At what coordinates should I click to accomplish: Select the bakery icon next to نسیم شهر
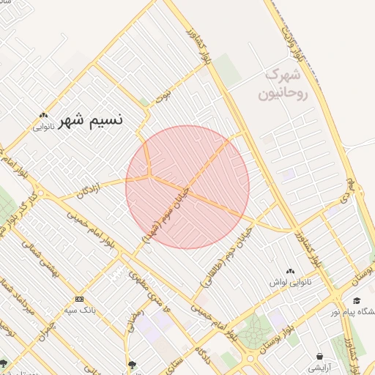click(x=44, y=115)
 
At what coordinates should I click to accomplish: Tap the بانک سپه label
click(x=81, y=309)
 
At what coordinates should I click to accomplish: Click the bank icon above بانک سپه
click(x=79, y=299)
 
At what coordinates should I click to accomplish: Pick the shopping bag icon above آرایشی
click(x=320, y=357)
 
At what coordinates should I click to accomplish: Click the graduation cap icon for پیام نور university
click(x=357, y=301)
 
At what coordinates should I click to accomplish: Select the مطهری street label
click(x=138, y=279)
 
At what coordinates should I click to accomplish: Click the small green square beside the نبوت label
click(x=145, y=103)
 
